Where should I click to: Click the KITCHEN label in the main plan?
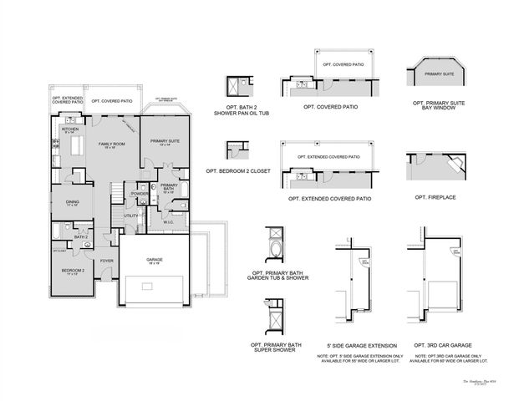pos(69,129)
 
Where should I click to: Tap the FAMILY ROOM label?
pos(111,145)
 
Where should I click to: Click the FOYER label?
pos(106,261)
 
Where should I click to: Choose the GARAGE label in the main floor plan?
pos(155,260)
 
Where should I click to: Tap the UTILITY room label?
pos(130,216)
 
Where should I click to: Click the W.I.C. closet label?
pos(168,222)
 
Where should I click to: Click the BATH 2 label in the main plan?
pos(81,237)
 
